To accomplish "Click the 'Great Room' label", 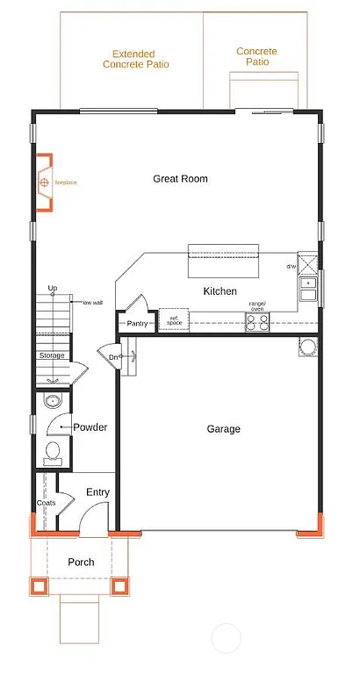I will coord(180,179).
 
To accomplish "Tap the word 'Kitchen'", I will coord(220,291).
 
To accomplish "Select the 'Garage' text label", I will coord(223,429).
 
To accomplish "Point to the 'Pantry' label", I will coord(137,324).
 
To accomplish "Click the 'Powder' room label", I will coord(90,428).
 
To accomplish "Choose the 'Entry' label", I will coord(97,492).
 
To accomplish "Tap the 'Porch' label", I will coord(80,563).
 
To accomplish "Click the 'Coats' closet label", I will coord(46,503).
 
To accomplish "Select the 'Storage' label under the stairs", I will coord(51,355).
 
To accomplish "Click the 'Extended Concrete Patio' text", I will coord(135,59).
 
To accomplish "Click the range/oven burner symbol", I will coord(257,323).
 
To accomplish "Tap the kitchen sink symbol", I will coord(308,284).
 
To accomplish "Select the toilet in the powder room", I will coord(52,453).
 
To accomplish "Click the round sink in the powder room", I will coord(52,402).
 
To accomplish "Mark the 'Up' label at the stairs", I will coord(53,288).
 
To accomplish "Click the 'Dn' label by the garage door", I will coord(113,356).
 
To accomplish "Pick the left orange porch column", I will coord(40,586).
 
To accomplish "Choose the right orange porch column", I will coord(122,586).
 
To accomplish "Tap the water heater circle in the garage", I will coord(306,348).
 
